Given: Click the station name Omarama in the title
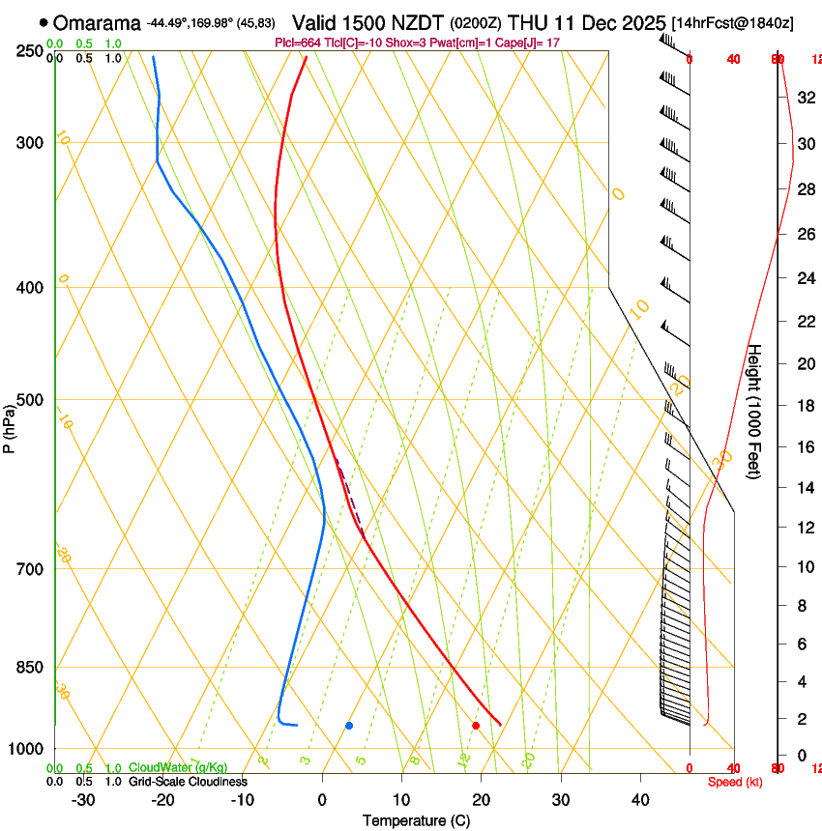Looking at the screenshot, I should coord(97,22).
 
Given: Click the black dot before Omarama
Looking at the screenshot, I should coord(44,22).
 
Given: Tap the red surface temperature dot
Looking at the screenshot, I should coord(476,725).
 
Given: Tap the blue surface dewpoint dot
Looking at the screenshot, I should coord(349,725).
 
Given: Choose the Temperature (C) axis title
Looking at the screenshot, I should coord(416,820).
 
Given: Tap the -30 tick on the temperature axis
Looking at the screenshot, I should coord(83,799).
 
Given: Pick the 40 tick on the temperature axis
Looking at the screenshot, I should coord(639,799).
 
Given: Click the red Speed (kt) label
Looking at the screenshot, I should coord(735,782).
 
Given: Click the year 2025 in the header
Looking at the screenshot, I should coord(639,22).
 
